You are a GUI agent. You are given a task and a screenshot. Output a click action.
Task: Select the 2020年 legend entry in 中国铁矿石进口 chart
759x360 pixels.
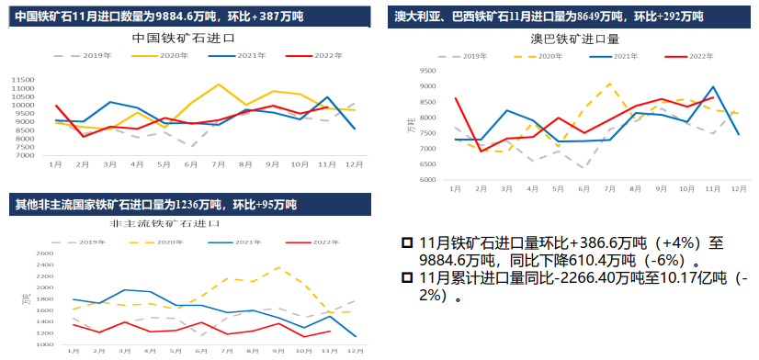coord(164,56)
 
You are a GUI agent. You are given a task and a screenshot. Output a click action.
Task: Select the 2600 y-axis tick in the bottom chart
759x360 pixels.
coord(42,254)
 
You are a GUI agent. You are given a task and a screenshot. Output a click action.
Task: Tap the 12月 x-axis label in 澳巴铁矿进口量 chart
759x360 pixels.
coord(738,188)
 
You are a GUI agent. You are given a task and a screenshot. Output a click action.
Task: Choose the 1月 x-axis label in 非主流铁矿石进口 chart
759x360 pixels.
coord(73,352)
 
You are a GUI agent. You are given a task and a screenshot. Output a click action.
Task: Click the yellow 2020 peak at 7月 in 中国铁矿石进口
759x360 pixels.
coord(219,84)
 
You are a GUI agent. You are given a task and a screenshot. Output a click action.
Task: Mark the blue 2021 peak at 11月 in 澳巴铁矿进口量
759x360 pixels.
coord(714,86)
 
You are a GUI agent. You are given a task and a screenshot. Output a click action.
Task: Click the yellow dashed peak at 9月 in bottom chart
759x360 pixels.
coord(278,267)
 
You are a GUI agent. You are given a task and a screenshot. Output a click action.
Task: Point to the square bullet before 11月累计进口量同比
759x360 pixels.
coord(406,278)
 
